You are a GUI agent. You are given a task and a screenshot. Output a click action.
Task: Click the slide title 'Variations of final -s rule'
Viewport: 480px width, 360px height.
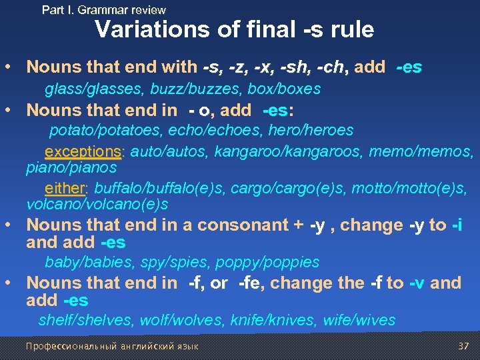pyautogui.click(x=234, y=30)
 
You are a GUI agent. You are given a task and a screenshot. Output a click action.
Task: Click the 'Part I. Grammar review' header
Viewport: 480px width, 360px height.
pyautogui.click(x=103, y=10)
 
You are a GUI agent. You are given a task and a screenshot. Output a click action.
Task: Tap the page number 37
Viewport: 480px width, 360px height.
pyautogui.click(x=464, y=346)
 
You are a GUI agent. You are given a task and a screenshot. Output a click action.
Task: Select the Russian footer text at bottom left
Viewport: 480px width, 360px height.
pyautogui.click(x=111, y=346)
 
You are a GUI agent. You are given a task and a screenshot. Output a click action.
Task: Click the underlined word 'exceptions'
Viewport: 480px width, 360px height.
pyautogui.click(x=83, y=152)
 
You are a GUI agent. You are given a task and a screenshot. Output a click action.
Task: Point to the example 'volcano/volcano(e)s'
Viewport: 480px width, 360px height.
pyautogui.click(x=97, y=204)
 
